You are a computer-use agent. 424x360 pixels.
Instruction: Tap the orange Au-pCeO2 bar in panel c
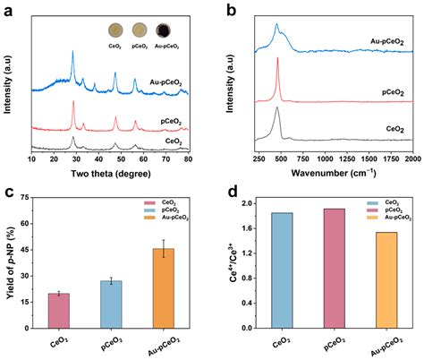pyautogui.click(x=164, y=287)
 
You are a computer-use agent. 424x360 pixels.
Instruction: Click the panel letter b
pyautogui.click(x=231, y=12)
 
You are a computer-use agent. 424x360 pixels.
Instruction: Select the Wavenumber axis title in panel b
pyautogui.click(x=332, y=176)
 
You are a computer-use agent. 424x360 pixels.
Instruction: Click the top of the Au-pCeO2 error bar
pyautogui.click(x=164, y=240)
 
